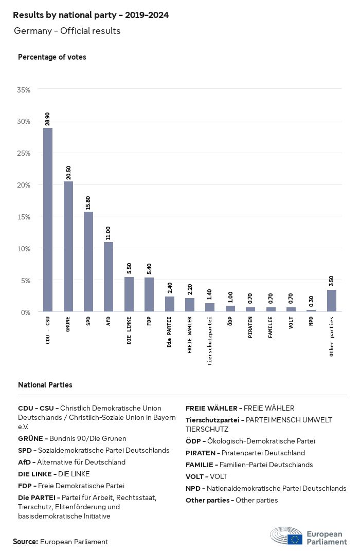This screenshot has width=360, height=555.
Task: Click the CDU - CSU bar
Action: pos(47,220)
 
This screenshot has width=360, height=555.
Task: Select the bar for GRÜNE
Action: pos(68,247)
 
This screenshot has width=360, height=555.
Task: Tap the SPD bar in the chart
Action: pos(88,262)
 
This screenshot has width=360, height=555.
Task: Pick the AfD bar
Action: pos(109,277)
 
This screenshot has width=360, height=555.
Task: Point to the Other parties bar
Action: pos(332,301)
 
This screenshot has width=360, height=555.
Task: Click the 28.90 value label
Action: pos(47,119)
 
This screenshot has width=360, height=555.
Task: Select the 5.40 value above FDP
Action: pos(149,269)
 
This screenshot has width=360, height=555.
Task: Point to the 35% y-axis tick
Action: pos(24,90)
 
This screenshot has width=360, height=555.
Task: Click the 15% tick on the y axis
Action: pos(24,217)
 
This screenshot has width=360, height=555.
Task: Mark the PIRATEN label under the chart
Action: pos(250,327)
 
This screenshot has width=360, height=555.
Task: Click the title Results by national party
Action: pos(91,15)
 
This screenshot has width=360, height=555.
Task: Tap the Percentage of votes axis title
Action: pos(52,57)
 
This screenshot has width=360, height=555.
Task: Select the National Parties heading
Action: pos(45,385)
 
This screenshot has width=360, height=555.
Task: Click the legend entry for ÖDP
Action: pos(250,441)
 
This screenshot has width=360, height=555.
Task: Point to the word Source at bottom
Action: pos(25,542)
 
